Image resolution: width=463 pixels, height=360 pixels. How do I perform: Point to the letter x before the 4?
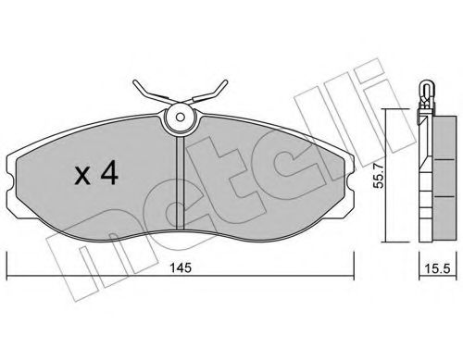pyautogui.click(x=81, y=177)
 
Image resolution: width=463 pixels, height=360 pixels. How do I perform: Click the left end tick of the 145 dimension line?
pyautogui.click(x=8, y=276)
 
